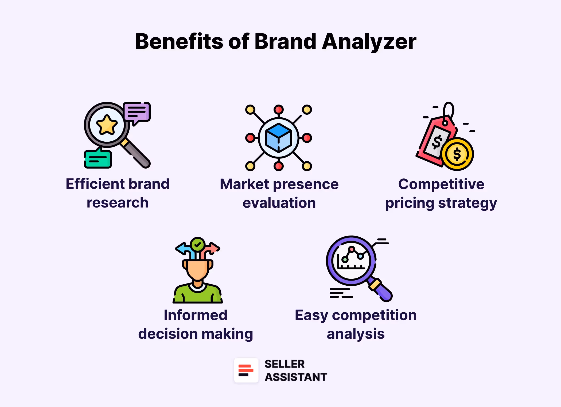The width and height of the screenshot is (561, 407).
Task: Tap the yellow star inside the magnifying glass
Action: point(107,125)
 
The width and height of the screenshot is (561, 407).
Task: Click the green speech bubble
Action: point(98,159)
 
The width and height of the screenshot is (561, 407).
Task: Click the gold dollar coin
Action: point(457,154)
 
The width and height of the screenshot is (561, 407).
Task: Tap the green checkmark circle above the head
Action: point(198,244)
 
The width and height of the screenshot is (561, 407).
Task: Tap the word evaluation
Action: point(279,203)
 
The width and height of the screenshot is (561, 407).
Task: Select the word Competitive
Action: point(441,184)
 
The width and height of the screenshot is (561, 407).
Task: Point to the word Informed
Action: point(196,315)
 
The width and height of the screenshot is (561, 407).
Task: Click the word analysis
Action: point(356,334)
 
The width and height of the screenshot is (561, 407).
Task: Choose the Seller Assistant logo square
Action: point(246,370)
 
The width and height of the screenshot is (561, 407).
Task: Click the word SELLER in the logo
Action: point(285,364)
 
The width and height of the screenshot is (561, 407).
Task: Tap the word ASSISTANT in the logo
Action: point(296,377)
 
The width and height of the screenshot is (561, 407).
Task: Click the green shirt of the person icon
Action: point(198,296)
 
